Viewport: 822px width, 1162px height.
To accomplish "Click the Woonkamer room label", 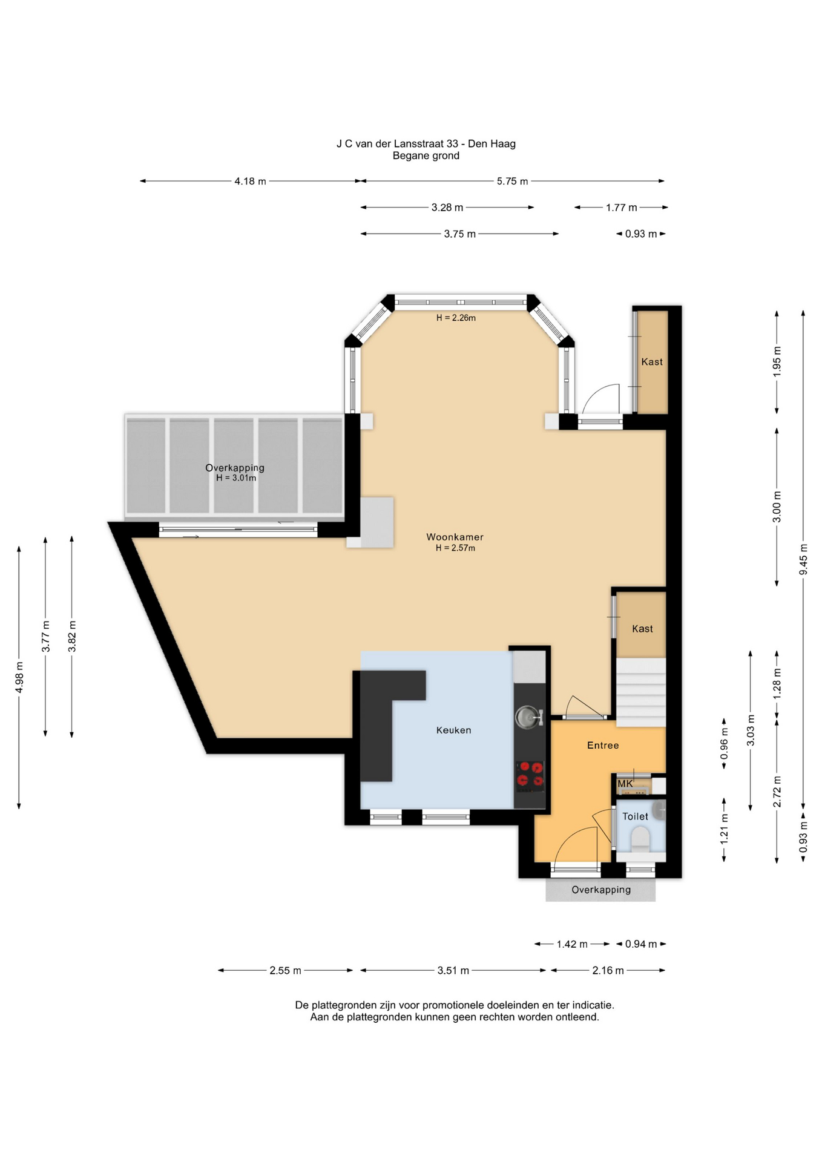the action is (455, 537).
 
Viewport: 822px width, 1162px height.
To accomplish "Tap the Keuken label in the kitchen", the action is (453, 730).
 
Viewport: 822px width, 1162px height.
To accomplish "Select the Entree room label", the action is (603, 745).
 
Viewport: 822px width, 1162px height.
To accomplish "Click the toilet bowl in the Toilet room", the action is (640, 839).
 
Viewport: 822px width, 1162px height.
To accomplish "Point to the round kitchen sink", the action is (526, 717).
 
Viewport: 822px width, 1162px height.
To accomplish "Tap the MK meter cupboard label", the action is (625, 784).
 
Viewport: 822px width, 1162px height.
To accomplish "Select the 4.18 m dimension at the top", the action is (250, 181).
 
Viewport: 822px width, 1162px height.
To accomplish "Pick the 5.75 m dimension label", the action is (512, 181).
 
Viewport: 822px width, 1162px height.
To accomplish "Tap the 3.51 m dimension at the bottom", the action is (453, 970).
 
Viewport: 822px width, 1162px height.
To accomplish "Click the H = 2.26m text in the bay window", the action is (456, 318).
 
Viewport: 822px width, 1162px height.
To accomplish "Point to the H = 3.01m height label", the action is (236, 478).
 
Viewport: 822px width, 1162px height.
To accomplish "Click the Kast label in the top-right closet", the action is (652, 362).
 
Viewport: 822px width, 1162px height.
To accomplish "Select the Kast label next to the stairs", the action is (642, 629).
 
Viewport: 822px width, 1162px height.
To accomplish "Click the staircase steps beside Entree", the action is (641, 692).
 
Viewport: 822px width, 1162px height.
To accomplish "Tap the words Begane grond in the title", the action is (426, 156).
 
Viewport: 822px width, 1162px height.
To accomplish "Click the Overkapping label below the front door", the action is (601, 890).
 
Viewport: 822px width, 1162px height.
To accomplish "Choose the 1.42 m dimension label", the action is (572, 944).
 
